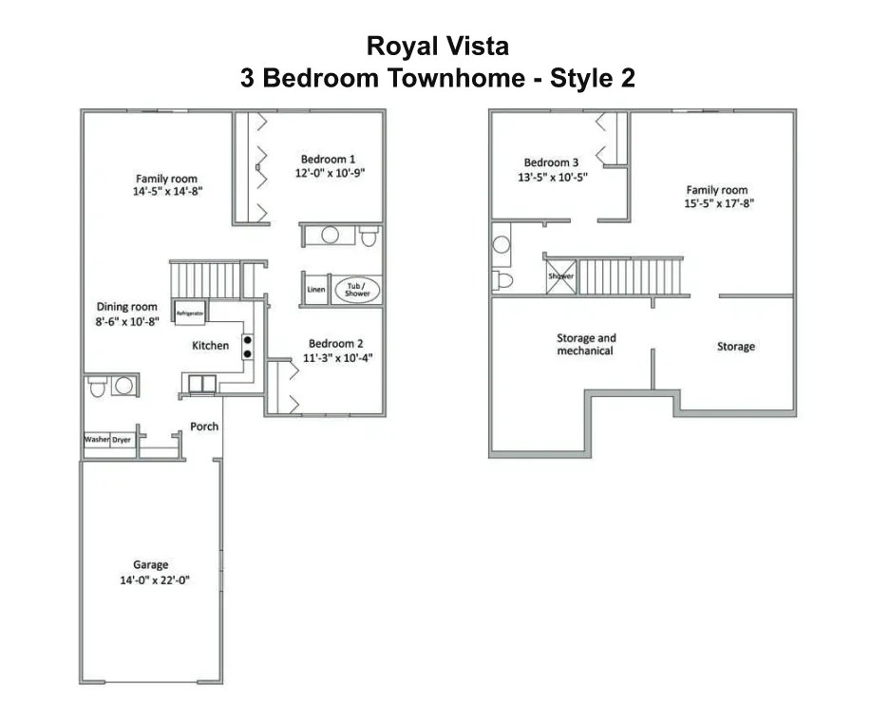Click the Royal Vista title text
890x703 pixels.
click(438, 47)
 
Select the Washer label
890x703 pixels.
click(97, 440)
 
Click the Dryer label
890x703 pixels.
click(122, 440)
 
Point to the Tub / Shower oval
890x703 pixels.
click(357, 290)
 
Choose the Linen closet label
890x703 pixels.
click(315, 290)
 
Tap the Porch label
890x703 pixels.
click(204, 427)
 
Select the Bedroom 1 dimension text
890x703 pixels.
click(331, 174)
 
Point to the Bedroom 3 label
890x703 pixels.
click(551, 162)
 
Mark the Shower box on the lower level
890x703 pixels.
click(560, 276)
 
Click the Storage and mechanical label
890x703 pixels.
click(586, 344)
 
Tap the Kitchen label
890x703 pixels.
click(210, 346)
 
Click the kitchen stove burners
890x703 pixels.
click(248, 347)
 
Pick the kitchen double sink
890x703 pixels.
click(202, 384)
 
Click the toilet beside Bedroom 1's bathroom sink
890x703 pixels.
click(369, 236)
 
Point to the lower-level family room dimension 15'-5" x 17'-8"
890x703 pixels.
click(717, 203)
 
